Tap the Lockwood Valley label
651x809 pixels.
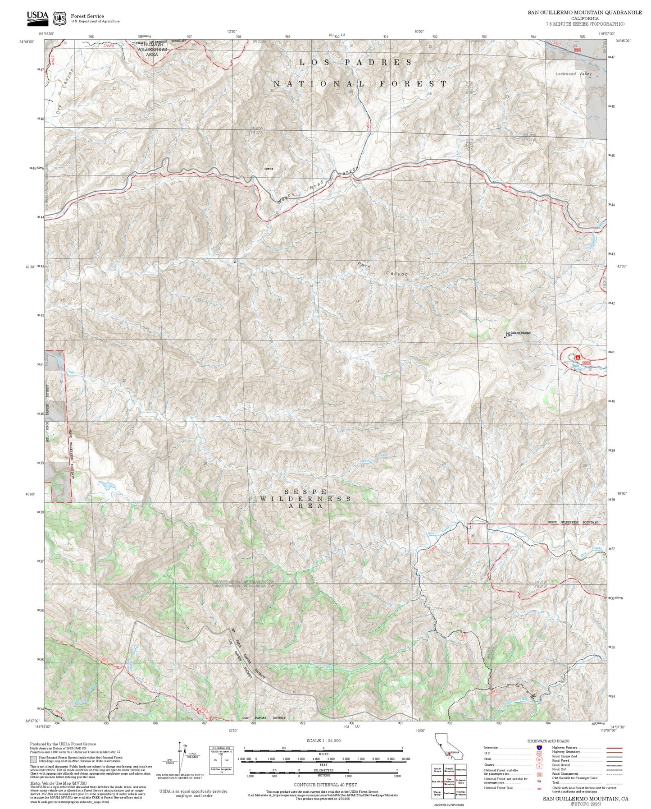tap(574, 74)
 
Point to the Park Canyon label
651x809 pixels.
tap(383, 269)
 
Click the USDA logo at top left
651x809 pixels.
tap(37, 16)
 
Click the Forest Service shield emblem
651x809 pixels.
tap(59, 18)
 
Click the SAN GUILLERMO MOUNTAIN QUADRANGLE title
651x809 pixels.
tap(585, 13)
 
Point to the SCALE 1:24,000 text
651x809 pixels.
tap(323, 740)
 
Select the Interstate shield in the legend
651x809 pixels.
tap(539, 748)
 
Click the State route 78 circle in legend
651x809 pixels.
tap(539, 759)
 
